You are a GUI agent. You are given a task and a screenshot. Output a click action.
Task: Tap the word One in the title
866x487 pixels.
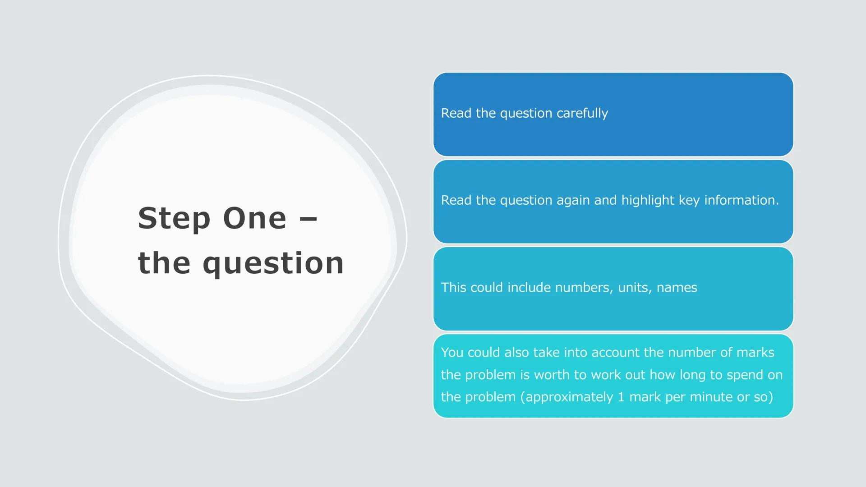tap(254, 218)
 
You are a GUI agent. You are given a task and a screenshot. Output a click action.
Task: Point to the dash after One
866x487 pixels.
tap(309, 220)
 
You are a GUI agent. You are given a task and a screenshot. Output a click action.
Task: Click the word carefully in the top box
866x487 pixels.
tap(582, 113)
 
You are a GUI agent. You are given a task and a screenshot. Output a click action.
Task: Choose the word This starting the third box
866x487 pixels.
tap(454, 287)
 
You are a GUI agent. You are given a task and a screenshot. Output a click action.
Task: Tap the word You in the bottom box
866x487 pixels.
tap(452, 352)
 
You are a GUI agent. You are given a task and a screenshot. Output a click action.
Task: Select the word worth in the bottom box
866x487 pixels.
tap(557, 375)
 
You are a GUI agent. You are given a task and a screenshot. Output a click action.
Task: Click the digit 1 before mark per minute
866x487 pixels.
tap(621, 397)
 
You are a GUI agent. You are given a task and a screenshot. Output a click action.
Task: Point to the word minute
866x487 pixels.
tap(711, 397)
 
